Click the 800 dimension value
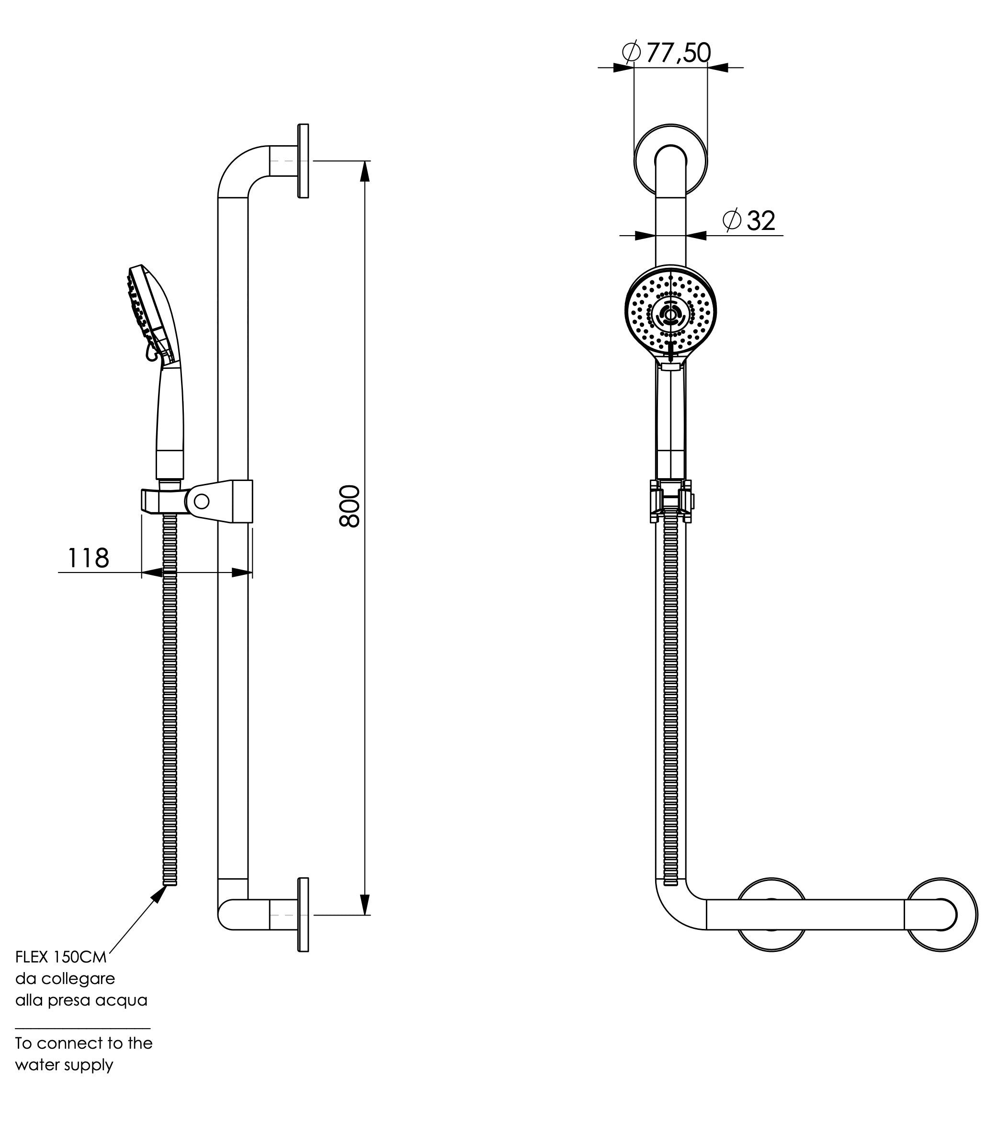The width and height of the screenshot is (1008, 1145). [350, 506]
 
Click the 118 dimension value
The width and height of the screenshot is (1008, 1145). [88, 558]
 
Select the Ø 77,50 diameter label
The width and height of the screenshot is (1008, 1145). [667, 53]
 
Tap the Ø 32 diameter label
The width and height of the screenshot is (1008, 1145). [749, 221]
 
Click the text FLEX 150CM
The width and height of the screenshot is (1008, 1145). [60, 957]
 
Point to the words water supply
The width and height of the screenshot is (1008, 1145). [64, 1065]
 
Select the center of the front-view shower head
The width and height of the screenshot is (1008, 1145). [670, 314]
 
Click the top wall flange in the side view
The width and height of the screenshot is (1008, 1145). [303, 161]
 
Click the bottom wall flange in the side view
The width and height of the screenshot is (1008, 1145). [303, 915]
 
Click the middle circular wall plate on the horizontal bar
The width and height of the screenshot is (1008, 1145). [771, 915]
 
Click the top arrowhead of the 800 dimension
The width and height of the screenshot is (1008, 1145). [364, 171]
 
